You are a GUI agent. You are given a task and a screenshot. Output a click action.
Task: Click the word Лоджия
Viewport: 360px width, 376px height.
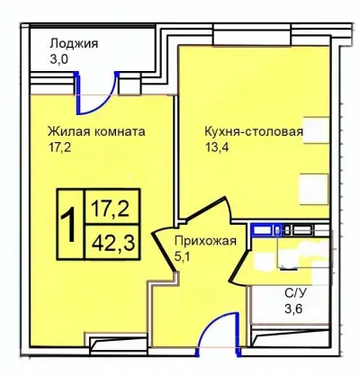point(74,43)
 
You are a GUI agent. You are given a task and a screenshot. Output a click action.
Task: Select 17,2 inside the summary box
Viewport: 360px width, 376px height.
point(108,210)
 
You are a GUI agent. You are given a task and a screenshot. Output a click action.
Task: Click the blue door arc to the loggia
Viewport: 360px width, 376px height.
point(104,85)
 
